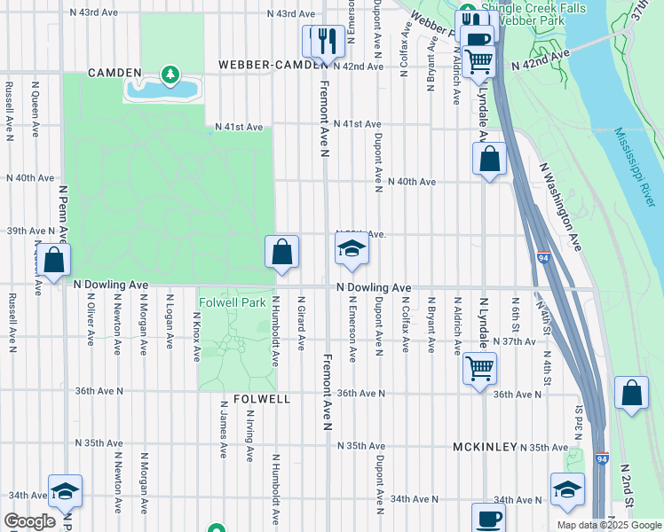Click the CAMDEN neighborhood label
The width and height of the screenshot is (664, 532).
pyautogui.click(x=114, y=73)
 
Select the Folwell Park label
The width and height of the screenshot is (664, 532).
pyautogui.click(x=233, y=302)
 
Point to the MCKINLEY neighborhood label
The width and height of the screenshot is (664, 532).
pyautogui.click(x=485, y=447)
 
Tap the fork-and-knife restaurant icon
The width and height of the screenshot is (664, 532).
pyautogui.click(x=323, y=41)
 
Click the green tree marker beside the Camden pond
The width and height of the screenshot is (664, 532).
pyautogui.click(x=170, y=75)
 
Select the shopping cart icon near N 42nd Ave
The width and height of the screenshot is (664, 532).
pyautogui.click(x=478, y=61)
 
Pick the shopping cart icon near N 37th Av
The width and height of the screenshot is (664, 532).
pyautogui.click(x=479, y=366)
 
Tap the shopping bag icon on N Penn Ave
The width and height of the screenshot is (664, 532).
pyautogui.click(x=54, y=260)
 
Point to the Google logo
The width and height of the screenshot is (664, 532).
pyautogui.click(x=30, y=521)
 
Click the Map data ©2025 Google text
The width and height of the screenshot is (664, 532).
pyautogui.click(x=609, y=525)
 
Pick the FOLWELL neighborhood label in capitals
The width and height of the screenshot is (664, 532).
pyautogui.click(x=263, y=400)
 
